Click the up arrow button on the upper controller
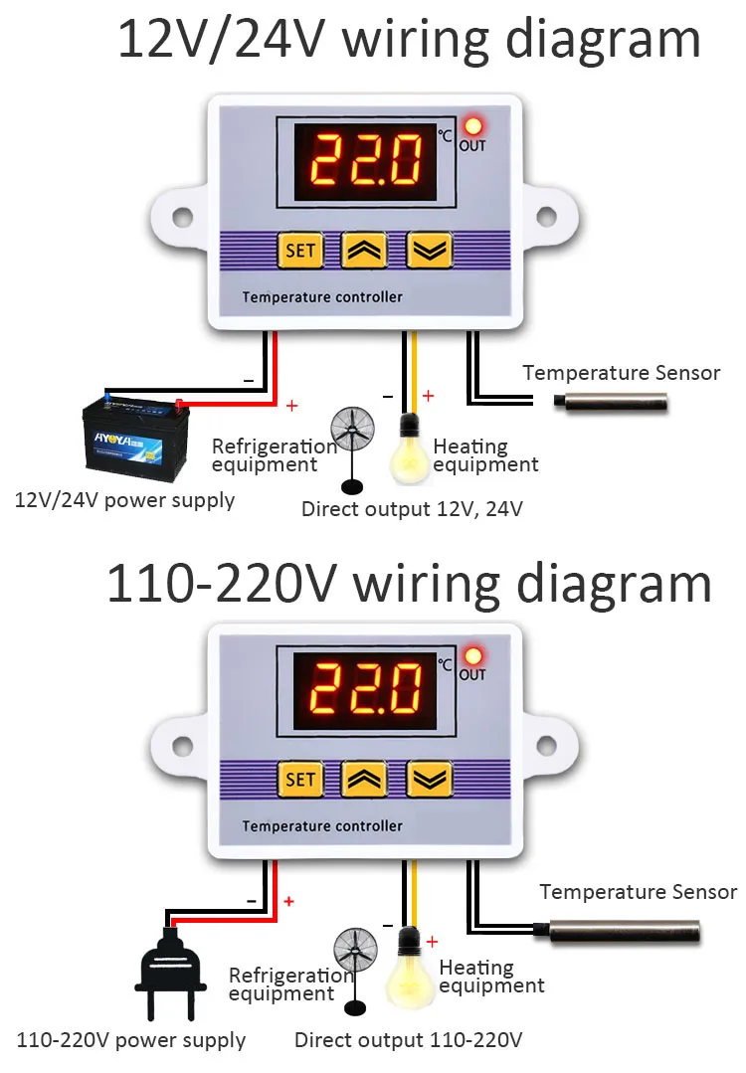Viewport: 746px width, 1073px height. (x=363, y=251)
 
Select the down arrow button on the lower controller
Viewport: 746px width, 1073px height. (x=428, y=779)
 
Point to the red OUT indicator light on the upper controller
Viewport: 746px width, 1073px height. (x=472, y=127)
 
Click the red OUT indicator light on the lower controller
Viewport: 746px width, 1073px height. (x=472, y=656)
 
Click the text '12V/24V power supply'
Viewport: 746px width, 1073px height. (x=124, y=499)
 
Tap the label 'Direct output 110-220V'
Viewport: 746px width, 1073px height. (x=408, y=1041)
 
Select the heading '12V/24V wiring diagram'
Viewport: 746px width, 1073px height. (x=409, y=40)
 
